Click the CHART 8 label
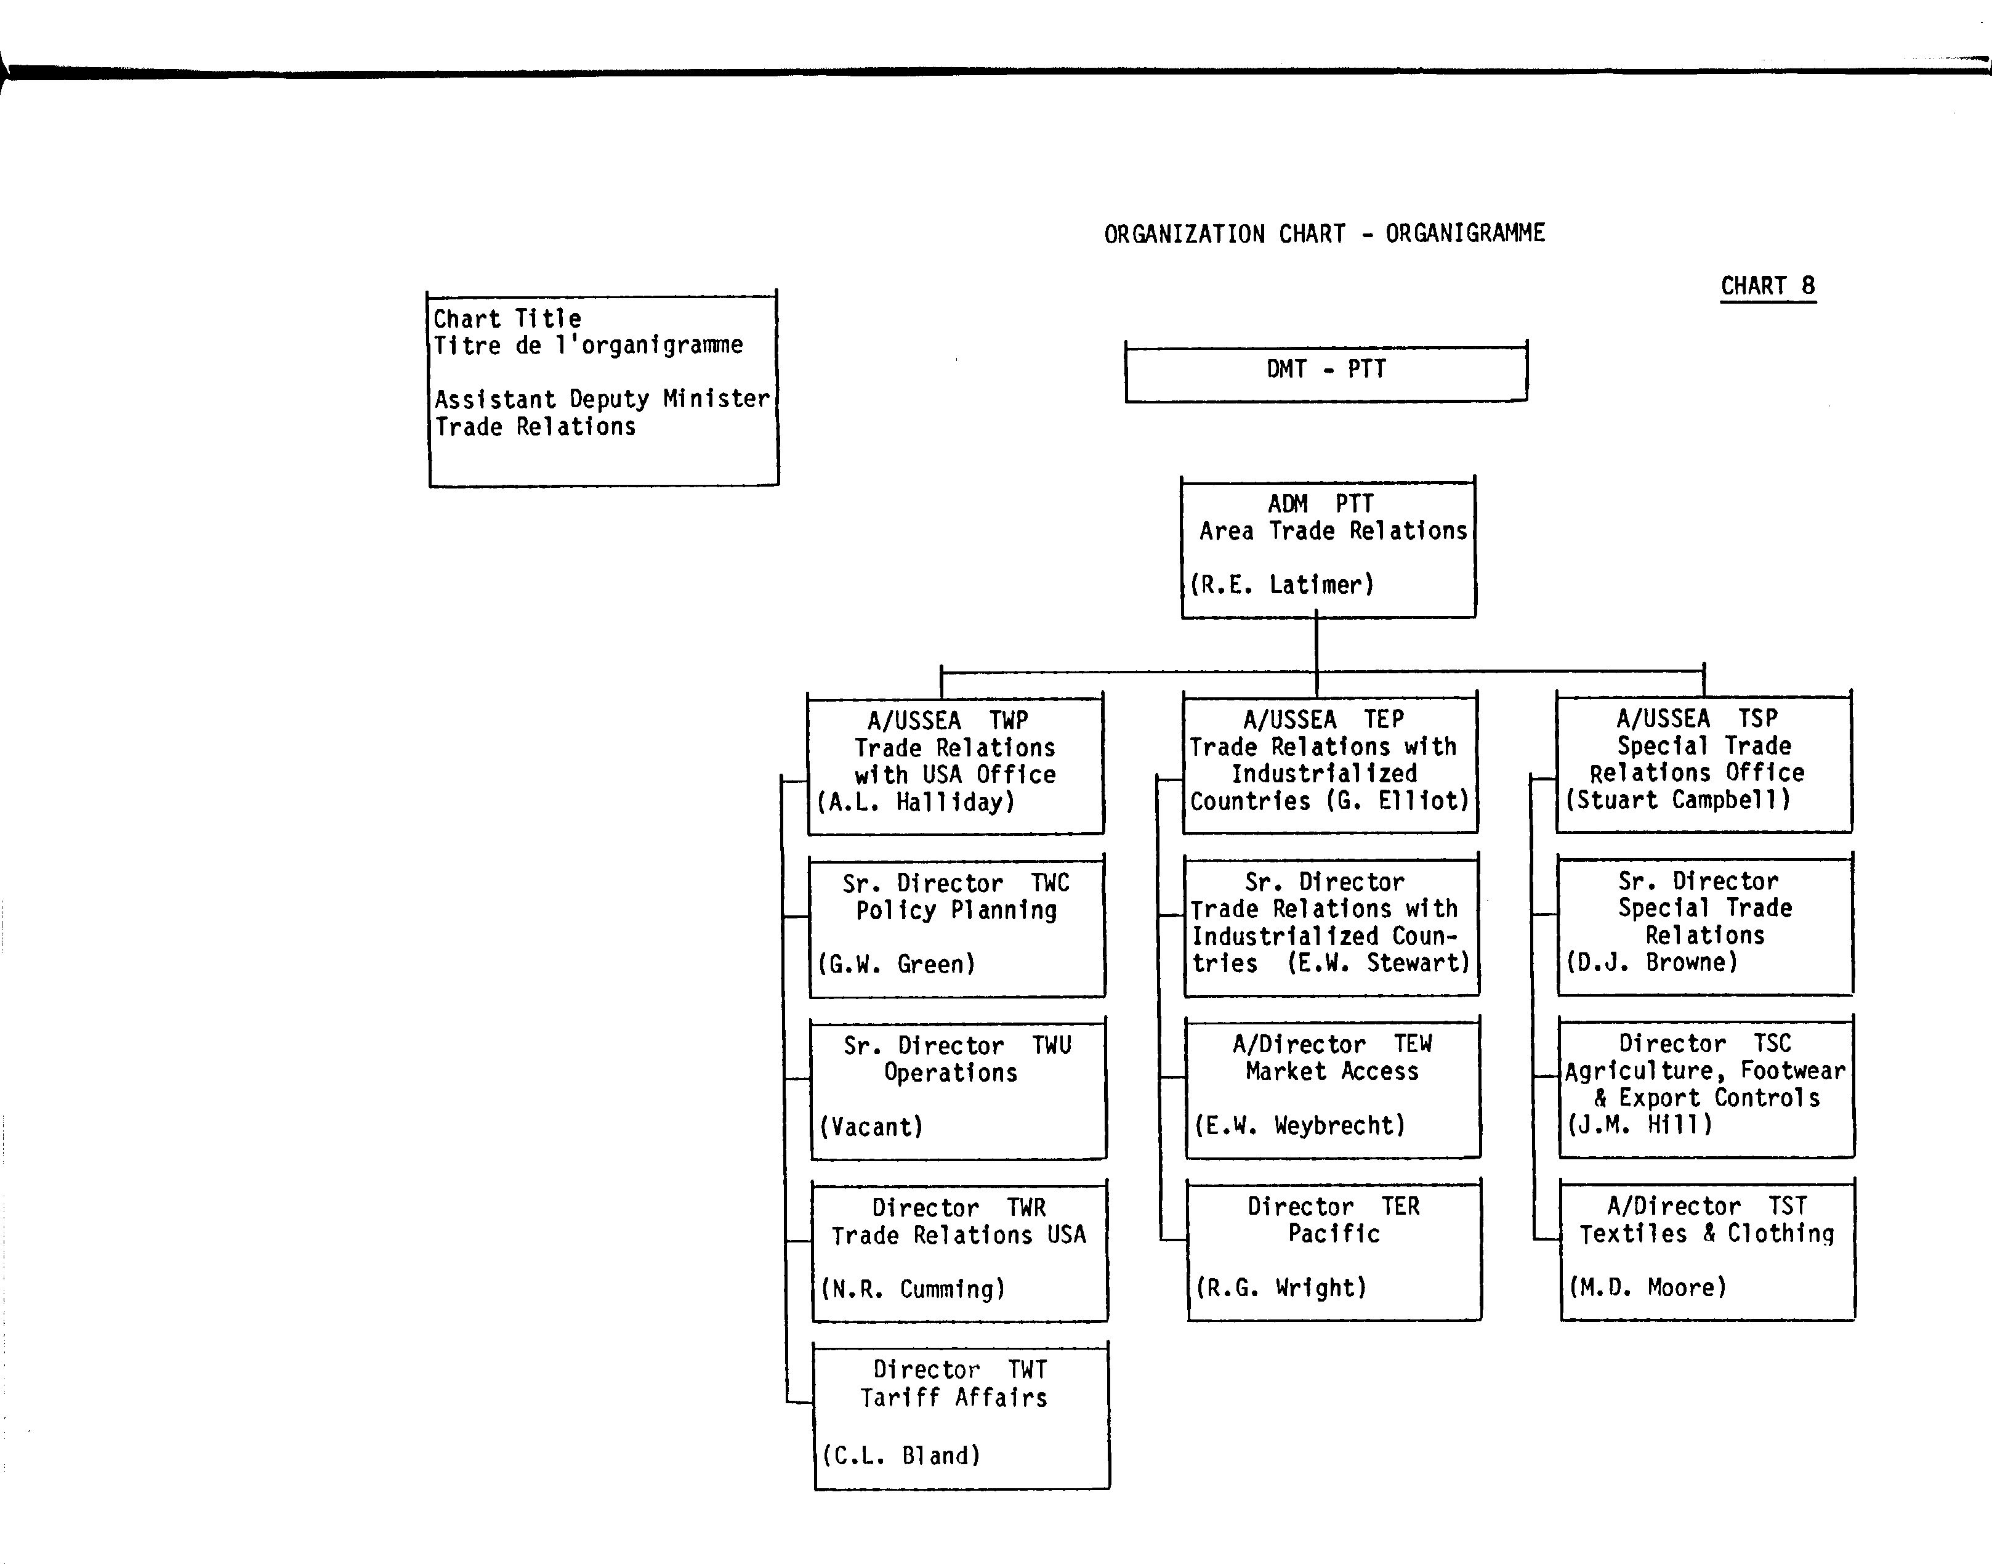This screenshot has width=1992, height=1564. (x=1768, y=286)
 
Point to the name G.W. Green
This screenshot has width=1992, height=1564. (x=897, y=964)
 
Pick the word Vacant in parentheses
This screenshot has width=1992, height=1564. (x=871, y=1126)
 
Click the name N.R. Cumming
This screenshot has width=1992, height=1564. (x=913, y=1289)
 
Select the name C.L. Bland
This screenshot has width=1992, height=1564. (x=901, y=1456)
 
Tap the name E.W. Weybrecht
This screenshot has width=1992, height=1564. (x=1300, y=1125)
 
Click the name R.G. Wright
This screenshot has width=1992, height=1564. (x=1281, y=1287)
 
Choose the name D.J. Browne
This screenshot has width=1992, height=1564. (x=1651, y=962)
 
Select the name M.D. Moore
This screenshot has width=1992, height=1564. (x=1648, y=1287)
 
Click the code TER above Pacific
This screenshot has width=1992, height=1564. (x=1401, y=1207)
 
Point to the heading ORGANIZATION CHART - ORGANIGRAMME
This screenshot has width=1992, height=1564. (x=1325, y=235)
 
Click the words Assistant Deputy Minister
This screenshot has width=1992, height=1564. (x=602, y=399)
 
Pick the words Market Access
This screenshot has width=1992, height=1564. (x=1332, y=1071)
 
